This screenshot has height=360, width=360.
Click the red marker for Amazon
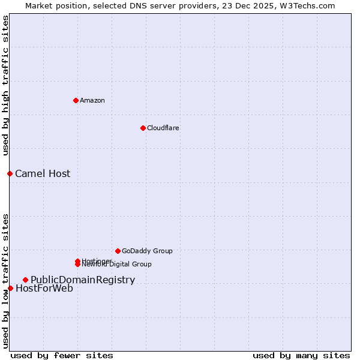pyautogui.click(x=76, y=100)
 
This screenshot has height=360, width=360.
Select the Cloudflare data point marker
pyautogui.click(x=143, y=128)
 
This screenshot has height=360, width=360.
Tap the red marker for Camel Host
pyautogui.click(x=10, y=173)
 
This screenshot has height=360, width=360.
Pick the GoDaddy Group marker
pyautogui.click(x=118, y=251)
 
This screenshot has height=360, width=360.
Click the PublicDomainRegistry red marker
pyautogui.click(x=25, y=280)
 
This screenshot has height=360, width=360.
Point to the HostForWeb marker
pyautogui.click(x=10, y=288)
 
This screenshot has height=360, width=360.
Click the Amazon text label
pyautogui.click(x=92, y=100)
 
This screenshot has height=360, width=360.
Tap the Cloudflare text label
pyautogui.click(x=163, y=128)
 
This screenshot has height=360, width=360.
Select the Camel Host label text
pyautogui.click(x=43, y=173)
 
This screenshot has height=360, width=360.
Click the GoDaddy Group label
pyautogui.click(x=147, y=251)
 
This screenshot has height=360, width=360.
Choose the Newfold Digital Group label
pyautogui.click(x=116, y=264)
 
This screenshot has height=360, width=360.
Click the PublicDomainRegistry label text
pyautogui.click(x=83, y=280)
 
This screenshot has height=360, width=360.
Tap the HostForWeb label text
pyautogui.click(x=44, y=288)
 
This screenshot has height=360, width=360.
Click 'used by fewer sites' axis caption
pyautogui.click(x=61, y=355)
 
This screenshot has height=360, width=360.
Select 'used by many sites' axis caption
pyautogui.click(x=301, y=355)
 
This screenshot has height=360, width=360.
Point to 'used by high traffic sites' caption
pyautogui.click(x=5, y=85)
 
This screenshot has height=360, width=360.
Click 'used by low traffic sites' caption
pyautogui.click(x=5, y=280)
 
